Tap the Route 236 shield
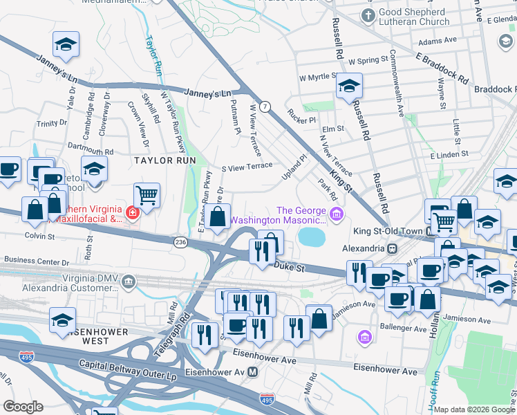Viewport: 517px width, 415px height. (x=180, y=241)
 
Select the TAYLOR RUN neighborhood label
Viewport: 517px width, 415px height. (x=161, y=159)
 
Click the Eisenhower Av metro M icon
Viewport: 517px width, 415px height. (x=253, y=372)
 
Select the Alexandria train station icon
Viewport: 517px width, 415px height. (x=392, y=248)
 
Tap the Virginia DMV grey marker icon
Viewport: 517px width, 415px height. (x=129, y=281)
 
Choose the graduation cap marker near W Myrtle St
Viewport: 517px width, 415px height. (x=349, y=86)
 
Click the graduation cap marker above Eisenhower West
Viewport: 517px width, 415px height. (x=63, y=320)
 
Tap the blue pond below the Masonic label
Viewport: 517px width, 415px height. (x=312, y=238)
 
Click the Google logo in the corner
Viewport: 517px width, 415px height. (x=23, y=407)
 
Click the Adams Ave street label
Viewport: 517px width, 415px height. (x=433, y=41)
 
